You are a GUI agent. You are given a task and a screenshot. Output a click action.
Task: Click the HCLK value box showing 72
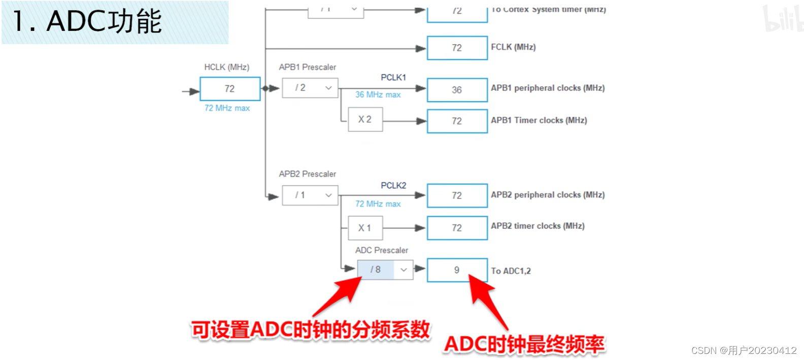click(230, 89)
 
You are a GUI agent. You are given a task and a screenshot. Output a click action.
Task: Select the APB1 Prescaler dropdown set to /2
click(310, 88)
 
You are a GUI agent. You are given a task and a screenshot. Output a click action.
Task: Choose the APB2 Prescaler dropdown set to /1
click(310, 195)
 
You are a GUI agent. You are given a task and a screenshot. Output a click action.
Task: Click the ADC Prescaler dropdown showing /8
click(385, 270)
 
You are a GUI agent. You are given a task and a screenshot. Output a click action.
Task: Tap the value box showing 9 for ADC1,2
click(457, 270)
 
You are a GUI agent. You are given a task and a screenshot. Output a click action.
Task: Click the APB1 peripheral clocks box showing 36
click(457, 90)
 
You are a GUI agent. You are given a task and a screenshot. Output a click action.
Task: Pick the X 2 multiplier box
click(365, 119)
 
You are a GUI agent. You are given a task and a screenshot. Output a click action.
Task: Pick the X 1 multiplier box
click(365, 228)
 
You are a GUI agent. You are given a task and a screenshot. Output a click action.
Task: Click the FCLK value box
click(457, 48)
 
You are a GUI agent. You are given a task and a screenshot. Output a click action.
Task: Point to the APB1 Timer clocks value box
click(457, 121)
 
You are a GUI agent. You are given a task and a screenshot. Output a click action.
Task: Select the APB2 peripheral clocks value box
click(457, 195)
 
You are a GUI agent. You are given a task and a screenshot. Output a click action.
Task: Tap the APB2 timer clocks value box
click(457, 228)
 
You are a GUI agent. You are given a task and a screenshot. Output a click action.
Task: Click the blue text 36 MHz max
click(378, 95)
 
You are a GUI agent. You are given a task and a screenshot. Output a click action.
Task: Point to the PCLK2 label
click(393, 186)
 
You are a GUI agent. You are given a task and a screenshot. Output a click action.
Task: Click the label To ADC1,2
click(511, 271)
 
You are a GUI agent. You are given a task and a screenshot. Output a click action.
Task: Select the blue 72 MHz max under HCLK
click(227, 108)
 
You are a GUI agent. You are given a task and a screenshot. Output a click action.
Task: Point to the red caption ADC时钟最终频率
click(524, 344)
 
